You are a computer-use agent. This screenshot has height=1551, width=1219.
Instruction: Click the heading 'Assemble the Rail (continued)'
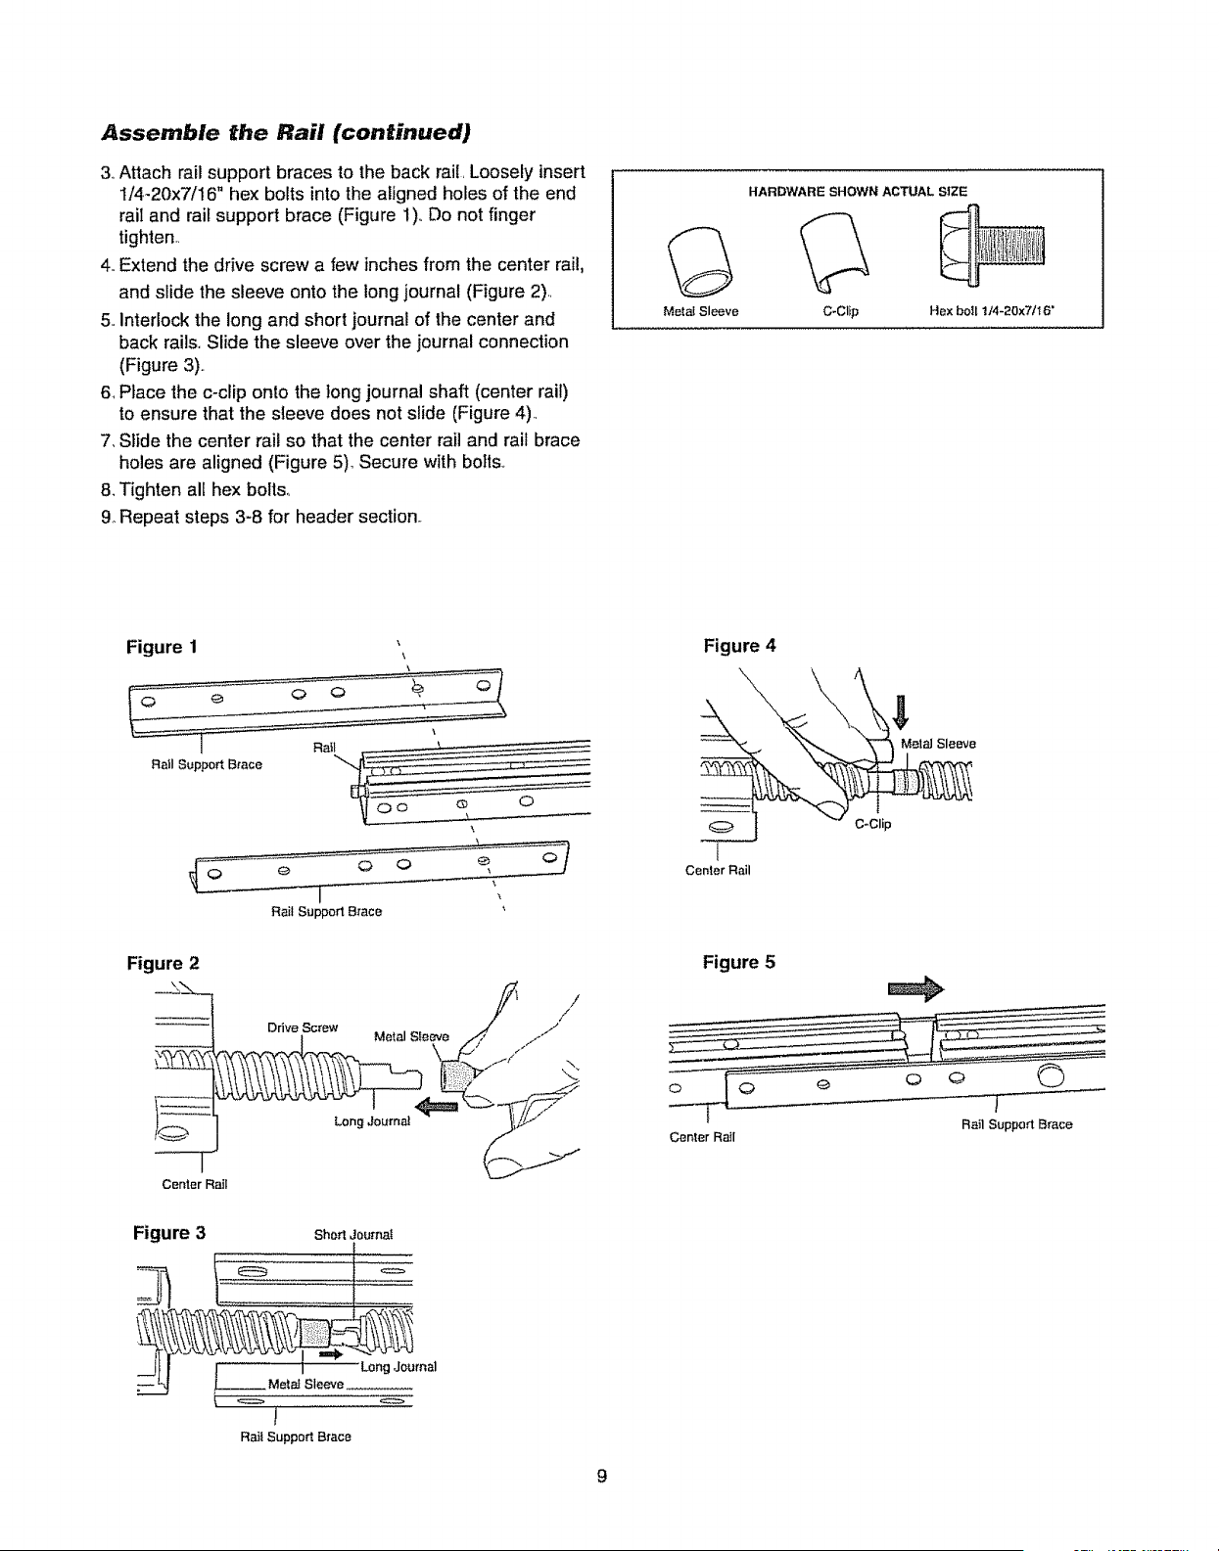click(286, 133)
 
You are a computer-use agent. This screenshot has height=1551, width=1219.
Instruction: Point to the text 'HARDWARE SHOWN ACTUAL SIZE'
click(857, 191)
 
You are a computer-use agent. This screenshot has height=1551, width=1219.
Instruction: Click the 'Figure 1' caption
click(162, 648)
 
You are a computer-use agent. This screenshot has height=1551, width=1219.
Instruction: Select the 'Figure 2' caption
click(163, 964)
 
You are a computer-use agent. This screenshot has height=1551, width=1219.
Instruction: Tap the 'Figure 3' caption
click(169, 1233)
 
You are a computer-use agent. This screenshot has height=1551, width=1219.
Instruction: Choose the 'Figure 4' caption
click(739, 646)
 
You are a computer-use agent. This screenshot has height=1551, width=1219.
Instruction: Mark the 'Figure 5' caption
click(738, 962)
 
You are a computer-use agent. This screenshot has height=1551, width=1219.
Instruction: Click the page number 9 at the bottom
click(602, 1476)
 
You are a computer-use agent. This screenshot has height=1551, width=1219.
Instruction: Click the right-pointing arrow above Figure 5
click(915, 988)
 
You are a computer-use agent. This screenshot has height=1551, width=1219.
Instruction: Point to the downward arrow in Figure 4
click(901, 711)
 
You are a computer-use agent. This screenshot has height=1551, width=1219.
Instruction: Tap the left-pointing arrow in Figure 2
click(437, 1107)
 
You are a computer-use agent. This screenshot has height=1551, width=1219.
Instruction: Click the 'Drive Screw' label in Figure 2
click(303, 1027)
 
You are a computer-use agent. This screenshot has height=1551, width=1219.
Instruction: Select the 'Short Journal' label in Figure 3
click(353, 1235)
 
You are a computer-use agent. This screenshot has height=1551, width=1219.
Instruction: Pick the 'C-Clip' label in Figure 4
click(872, 824)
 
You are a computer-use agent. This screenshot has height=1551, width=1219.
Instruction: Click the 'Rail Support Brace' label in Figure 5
click(1017, 1124)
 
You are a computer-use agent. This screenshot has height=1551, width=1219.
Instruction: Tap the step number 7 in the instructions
click(106, 440)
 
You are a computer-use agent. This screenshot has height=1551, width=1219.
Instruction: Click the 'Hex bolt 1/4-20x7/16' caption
click(992, 310)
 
